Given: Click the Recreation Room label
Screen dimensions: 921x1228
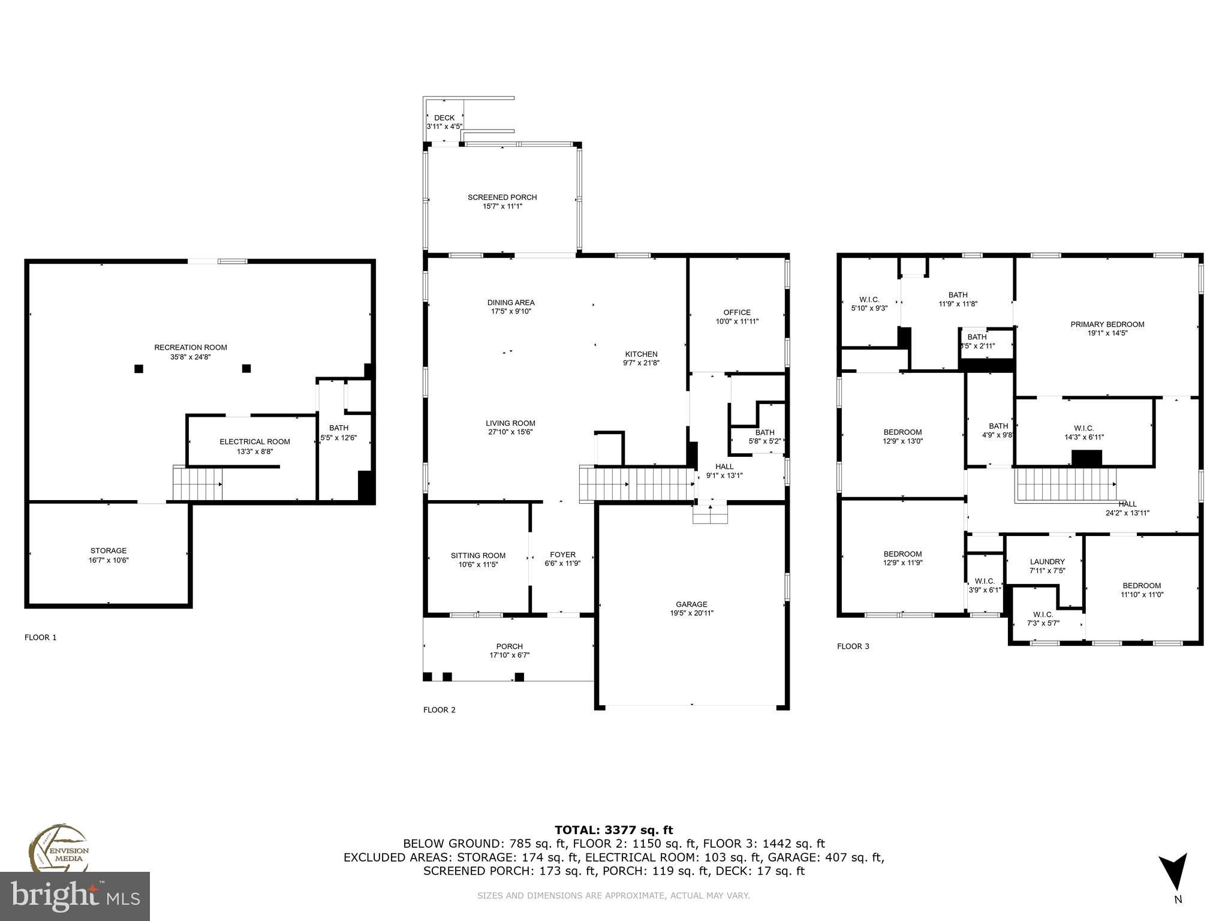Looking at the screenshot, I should coord(191,348).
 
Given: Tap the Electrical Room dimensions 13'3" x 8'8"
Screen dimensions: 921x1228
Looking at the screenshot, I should coord(255,452).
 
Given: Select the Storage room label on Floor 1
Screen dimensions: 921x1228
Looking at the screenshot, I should coord(109,550).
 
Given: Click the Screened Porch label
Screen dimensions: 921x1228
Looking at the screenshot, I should coord(502,197).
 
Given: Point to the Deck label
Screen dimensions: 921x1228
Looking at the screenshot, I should coord(444,118).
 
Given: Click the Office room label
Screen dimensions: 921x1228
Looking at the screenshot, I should coord(737,312).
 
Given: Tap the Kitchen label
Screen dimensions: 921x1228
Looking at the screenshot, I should coord(641,354).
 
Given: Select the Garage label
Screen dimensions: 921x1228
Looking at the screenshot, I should coord(691,604).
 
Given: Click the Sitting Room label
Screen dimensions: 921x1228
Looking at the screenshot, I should coord(478,555).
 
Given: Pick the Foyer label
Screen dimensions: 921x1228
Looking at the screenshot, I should coord(562,555).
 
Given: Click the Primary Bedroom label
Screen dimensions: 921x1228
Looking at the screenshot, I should coord(1107,324).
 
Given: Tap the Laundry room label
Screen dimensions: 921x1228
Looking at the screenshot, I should coord(1047,562).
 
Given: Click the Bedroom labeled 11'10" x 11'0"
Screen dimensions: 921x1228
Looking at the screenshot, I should coord(1142,586).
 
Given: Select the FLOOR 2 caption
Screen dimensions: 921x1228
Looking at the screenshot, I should coord(440,710).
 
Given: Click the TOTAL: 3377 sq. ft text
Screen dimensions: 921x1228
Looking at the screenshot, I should coord(613,830).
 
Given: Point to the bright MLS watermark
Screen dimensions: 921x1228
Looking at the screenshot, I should coord(75,896).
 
